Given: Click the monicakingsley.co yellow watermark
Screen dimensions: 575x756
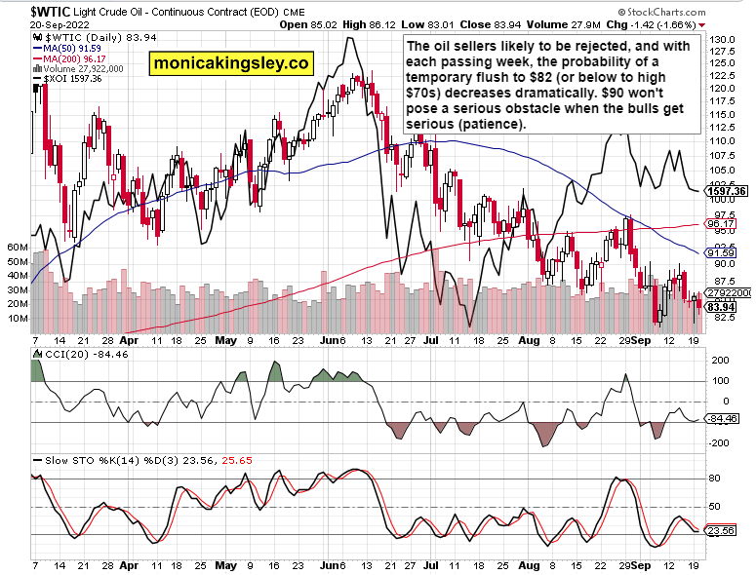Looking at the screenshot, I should (231, 64).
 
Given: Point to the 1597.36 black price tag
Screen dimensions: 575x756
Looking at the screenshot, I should (727, 191).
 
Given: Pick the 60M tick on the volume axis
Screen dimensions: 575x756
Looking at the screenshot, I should (16, 249).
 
